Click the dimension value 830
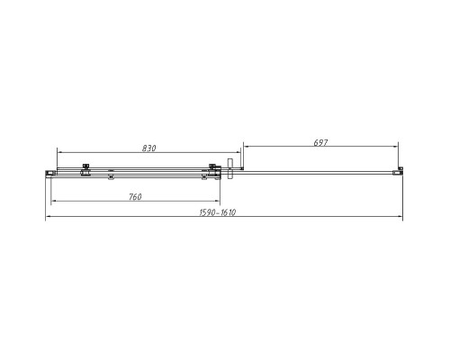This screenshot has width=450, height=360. point(149,148)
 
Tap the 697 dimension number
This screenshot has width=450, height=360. point(320,143)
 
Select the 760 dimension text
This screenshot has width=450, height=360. point(135,197)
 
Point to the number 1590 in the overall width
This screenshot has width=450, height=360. point(208,212)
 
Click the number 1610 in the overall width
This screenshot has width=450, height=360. point(228,212)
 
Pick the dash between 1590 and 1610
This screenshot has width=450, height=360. point(218,213)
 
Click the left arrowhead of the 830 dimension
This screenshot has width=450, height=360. point(59,152)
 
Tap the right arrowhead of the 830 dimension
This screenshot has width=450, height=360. point(238,152)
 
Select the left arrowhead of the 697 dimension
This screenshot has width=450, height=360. point(246,147)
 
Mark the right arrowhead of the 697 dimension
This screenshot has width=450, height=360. point(396,147)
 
